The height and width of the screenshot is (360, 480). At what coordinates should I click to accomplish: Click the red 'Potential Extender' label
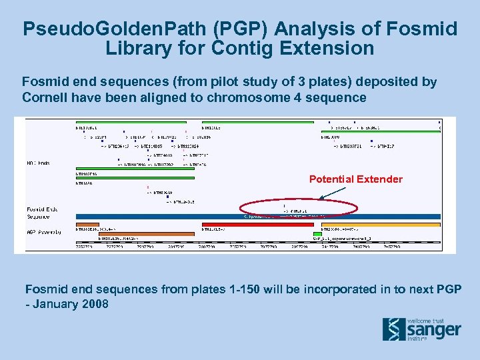[355, 179]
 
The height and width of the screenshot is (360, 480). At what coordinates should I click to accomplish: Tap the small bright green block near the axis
[317, 234]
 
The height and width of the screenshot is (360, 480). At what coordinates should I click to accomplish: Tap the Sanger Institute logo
[421, 329]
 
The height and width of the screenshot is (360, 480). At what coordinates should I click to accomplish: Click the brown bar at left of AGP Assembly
[133, 225]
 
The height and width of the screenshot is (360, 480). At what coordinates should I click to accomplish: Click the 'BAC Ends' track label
[39, 163]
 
